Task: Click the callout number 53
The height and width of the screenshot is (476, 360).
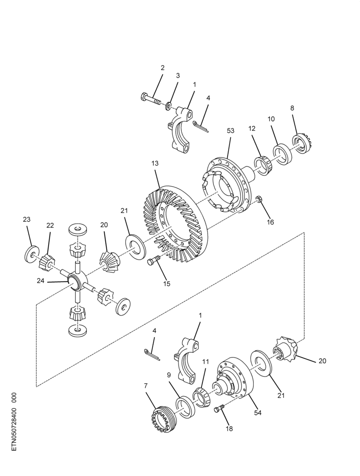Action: point(230,130)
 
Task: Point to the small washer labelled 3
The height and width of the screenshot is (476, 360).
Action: point(168,107)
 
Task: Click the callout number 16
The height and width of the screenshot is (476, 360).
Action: point(270,222)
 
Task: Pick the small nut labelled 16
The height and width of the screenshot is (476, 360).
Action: point(259,199)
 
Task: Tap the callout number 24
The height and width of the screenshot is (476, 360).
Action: point(40,281)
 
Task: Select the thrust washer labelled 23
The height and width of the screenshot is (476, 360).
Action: point(31,254)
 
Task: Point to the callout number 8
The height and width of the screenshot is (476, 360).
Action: point(292,108)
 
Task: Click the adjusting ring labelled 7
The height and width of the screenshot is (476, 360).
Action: point(162,418)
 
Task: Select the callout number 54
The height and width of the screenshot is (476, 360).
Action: point(258,413)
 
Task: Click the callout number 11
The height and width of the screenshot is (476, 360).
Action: point(206,362)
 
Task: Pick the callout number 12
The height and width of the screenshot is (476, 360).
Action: point(251,129)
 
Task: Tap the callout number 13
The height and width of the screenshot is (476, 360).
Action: point(155,163)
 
